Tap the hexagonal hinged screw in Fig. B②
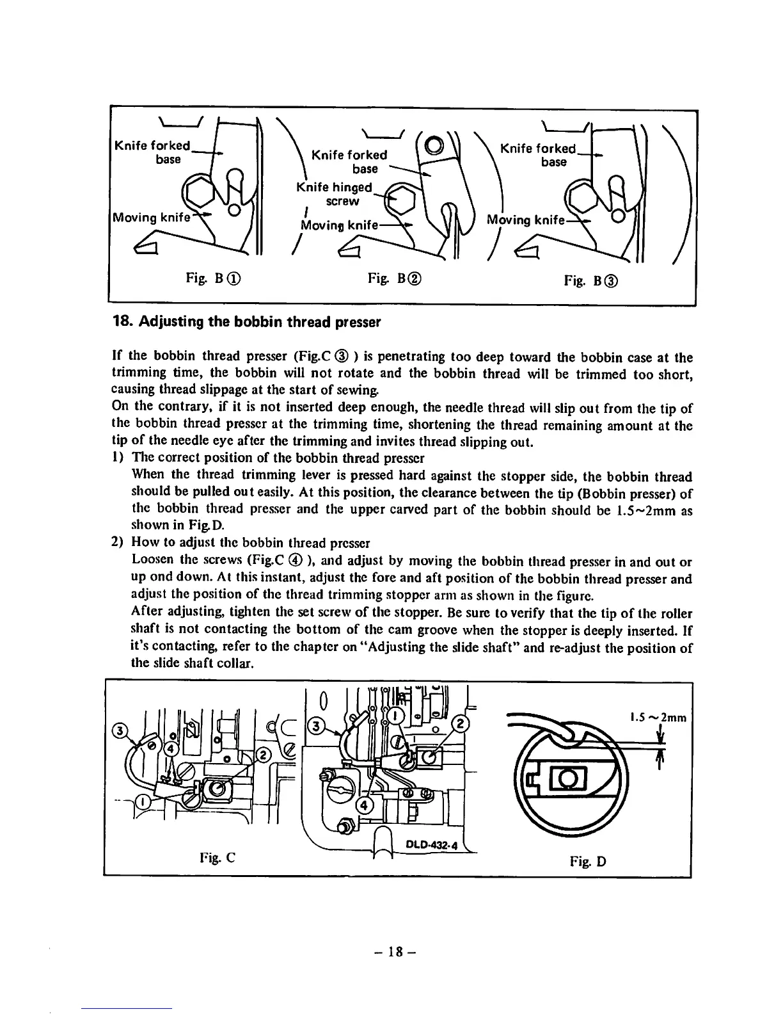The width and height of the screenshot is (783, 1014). coord(402,200)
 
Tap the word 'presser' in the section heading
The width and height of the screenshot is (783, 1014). coord(360,322)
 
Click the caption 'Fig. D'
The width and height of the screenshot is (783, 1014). coord(588,861)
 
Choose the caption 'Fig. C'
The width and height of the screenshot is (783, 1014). coord(219,857)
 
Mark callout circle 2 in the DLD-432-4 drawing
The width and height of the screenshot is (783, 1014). coord(461,725)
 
